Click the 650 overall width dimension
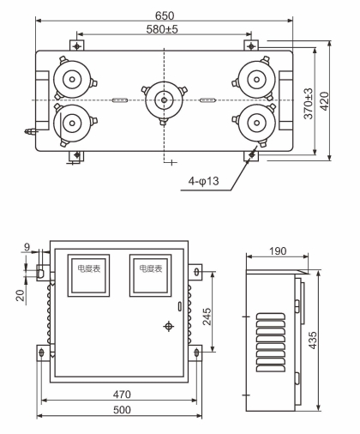(163, 15)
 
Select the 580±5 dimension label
(163, 32)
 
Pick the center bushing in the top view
(162, 100)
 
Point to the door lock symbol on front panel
(168, 327)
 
